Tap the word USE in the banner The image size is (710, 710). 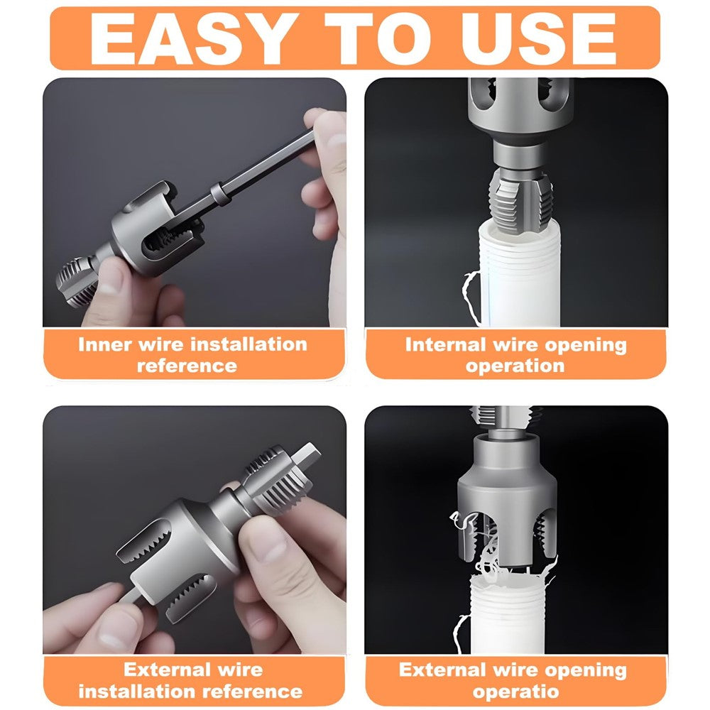[x=538, y=38]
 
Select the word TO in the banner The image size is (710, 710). [x=378, y=38]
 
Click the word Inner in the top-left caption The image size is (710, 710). [x=105, y=344]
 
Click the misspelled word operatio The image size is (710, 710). [x=515, y=692]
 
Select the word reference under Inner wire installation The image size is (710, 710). [x=187, y=366]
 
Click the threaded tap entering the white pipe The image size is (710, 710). [x=520, y=200]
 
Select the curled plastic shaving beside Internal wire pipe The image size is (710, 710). [x=471, y=297]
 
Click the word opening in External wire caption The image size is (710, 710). [x=586, y=671]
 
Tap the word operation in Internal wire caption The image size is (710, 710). [x=515, y=366]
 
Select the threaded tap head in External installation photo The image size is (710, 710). [x=277, y=481]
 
